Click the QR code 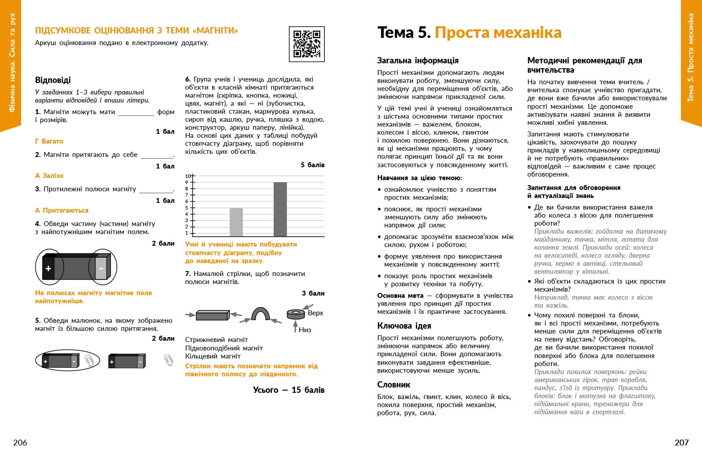(307, 44)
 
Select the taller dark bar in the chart (280, 209)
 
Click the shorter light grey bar (236, 222)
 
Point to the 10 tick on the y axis (188, 176)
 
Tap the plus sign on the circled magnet (48, 268)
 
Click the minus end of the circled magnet (101, 268)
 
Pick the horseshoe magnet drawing (260, 314)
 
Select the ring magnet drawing (296, 314)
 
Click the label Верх (316, 313)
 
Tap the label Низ (305, 330)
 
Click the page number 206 (20, 442)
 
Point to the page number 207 (681, 442)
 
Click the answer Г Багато (49, 141)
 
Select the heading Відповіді (53, 80)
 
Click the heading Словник (394, 385)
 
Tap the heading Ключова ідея (404, 326)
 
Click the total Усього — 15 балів (288, 390)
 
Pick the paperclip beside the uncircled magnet (168, 360)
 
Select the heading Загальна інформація (418, 61)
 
